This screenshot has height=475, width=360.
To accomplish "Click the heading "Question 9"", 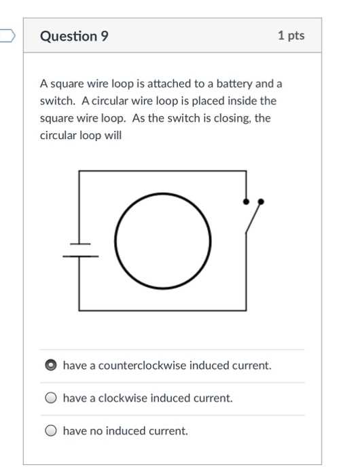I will pos(74,36).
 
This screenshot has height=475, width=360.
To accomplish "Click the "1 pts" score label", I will pos(291,36).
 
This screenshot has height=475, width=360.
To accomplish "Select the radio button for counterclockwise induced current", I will pos(50,366).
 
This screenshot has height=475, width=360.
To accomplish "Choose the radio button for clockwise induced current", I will pos(50,398).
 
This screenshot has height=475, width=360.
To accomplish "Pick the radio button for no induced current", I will pos(50,431).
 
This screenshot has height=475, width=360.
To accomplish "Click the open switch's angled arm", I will pos(253,218).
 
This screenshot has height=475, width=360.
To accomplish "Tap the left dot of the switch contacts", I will pos(246,201).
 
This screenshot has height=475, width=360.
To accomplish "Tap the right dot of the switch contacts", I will pos(262,202).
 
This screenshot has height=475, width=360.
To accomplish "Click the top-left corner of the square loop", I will pos(80,172).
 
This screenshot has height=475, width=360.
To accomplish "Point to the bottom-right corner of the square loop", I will pos(245,311).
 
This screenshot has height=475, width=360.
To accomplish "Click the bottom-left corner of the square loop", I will pos(80,311).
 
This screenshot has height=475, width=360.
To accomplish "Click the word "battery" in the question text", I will pos(234,83).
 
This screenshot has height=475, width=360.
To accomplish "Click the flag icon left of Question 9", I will pos(7,35).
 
